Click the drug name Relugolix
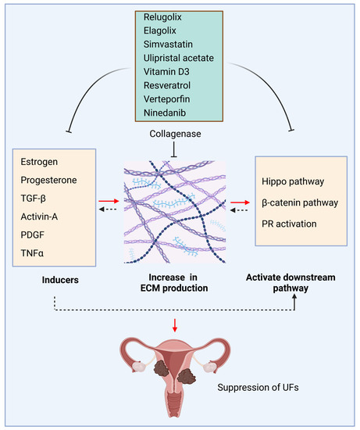pyautogui.click(x=164, y=15)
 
